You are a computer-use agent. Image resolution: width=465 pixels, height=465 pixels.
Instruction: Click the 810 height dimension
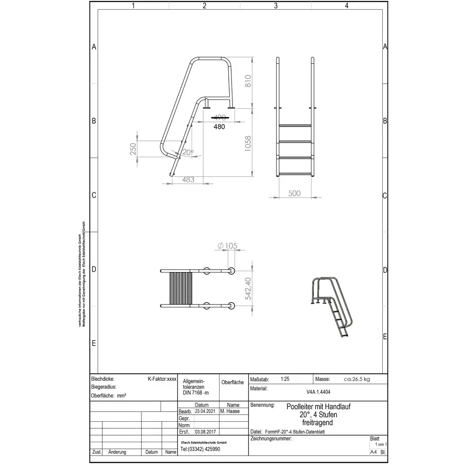point(248,82)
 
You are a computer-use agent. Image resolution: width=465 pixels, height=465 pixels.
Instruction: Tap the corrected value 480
point(219,126)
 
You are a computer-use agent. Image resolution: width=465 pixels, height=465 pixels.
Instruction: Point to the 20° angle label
point(187,153)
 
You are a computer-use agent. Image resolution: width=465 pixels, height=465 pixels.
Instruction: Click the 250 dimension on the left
point(133,149)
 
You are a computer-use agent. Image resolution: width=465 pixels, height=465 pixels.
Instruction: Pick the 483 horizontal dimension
point(188,179)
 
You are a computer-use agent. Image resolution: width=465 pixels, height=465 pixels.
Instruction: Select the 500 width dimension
point(294,193)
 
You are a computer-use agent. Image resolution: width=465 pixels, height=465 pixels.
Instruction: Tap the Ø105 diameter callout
point(225,246)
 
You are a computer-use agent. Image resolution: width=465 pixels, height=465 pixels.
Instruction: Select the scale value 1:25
point(285,379)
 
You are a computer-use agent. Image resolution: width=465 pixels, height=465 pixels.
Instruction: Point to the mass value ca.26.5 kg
point(357,379)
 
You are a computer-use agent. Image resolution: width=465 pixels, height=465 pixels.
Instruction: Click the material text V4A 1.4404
point(319,392)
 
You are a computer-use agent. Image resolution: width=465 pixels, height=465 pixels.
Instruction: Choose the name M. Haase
point(230,412)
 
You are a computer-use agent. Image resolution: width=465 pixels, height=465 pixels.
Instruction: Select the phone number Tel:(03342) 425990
point(200,449)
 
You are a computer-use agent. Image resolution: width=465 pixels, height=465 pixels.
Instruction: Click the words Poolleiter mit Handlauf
point(318,406)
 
